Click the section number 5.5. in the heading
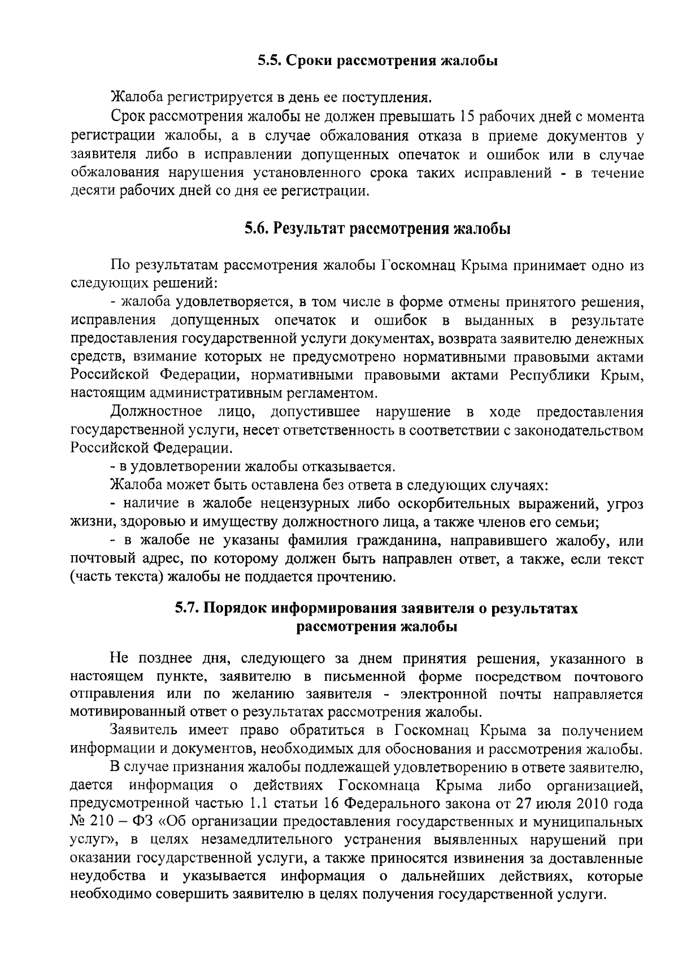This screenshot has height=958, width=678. pyautogui.click(x=268, y=60)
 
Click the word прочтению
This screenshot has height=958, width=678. pyautogui.click(x=354, y=577)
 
